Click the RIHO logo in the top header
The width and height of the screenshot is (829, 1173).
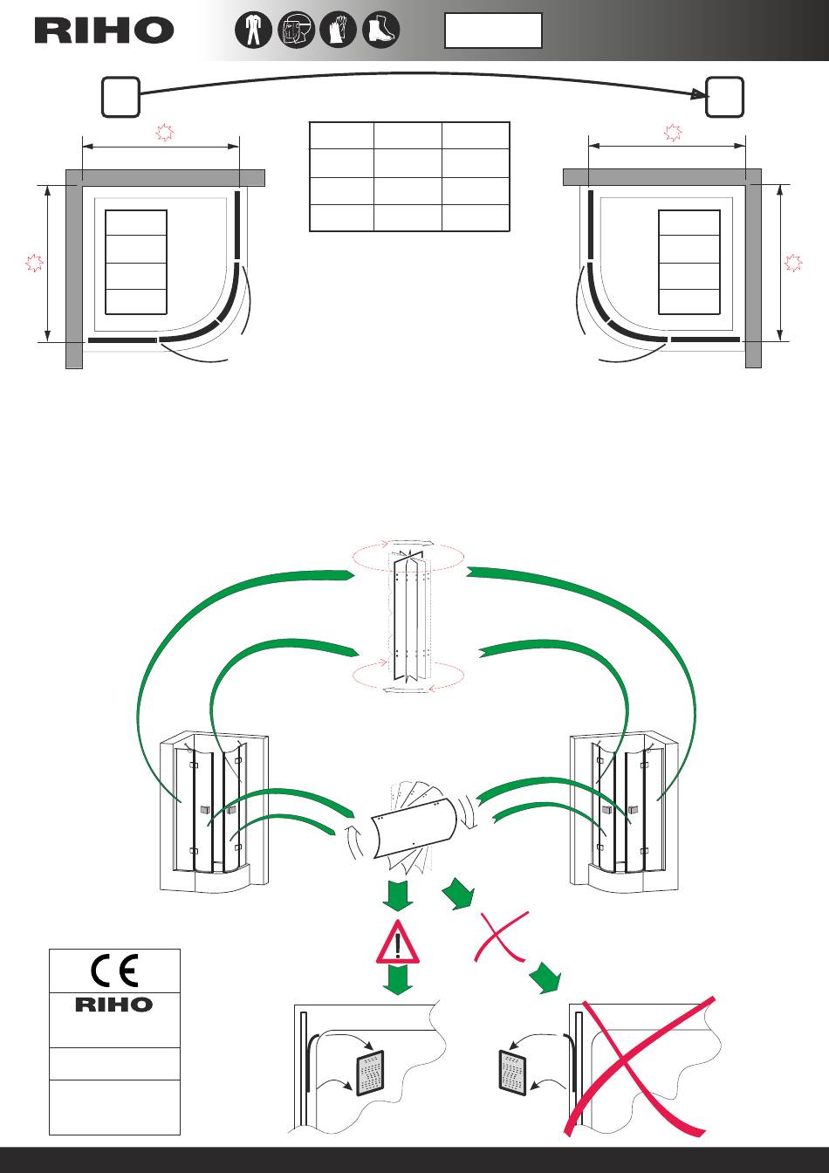[104, 31]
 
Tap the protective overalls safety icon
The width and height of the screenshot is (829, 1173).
[253, 31]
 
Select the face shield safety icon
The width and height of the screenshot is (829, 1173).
[295, 31]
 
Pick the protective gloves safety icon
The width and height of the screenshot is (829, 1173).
[338, 31]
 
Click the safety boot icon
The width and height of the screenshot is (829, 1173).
[380, 31]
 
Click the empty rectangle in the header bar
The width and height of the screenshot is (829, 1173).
[493, 31]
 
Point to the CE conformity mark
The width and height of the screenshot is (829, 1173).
[114, 971]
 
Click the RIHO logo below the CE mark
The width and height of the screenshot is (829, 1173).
[114, 1005]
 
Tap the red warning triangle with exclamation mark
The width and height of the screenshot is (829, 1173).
[399, 942]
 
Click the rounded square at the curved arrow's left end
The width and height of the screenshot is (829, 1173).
[120, 96]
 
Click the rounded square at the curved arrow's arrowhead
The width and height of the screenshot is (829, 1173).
[725, 96]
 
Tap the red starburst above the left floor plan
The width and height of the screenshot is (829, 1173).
[163, 133]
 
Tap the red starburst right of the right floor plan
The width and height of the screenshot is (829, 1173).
[793, 262]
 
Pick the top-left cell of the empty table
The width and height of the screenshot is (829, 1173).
[342, 136]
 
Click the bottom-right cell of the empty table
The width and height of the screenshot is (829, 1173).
[476, 217]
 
